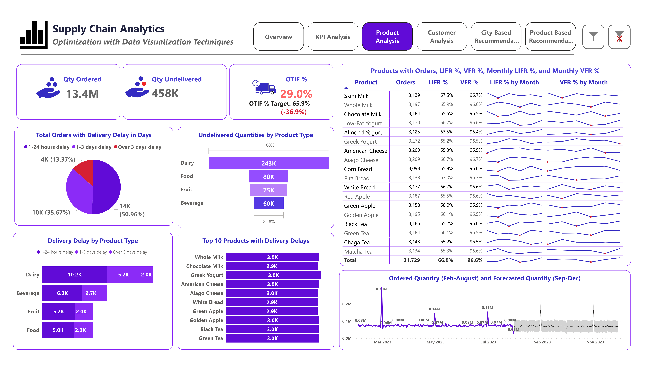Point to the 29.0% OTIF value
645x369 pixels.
coord(296,94)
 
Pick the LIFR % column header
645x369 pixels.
coord(438,82)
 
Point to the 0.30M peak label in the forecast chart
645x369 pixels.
coord(381,289)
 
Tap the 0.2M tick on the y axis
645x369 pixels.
coord(347,304)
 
